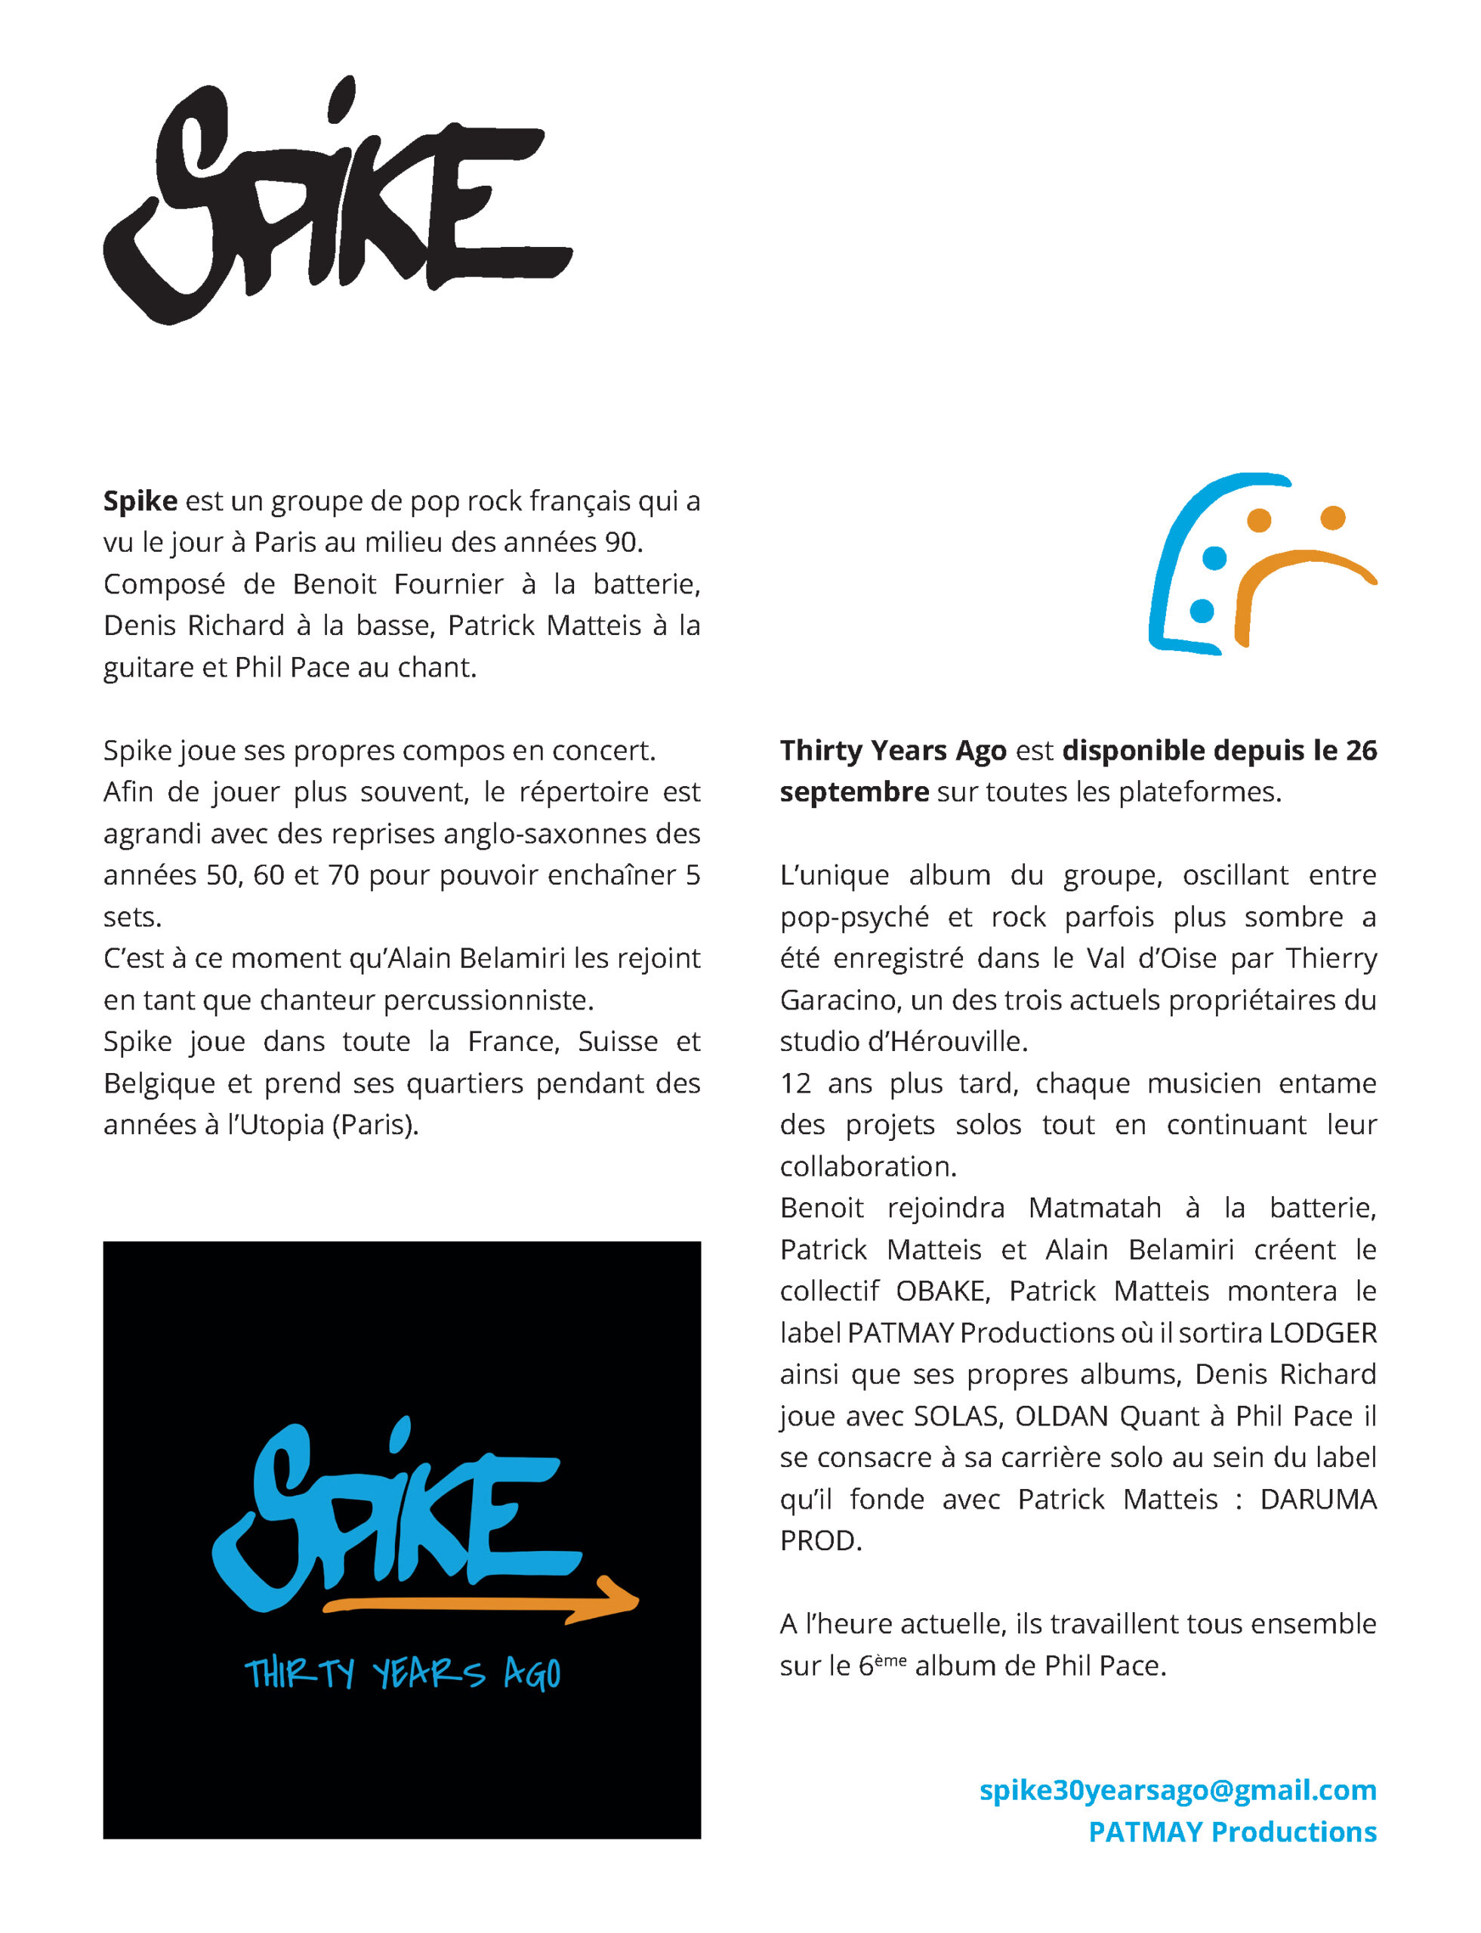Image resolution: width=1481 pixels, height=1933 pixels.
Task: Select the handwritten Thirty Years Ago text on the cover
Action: pos(402,1673)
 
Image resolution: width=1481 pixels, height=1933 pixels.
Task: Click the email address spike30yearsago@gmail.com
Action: pos(1177,1790)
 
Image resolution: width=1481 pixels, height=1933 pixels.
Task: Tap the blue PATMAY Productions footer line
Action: pos(1233,1832)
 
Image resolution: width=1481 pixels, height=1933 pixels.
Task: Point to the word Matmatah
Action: pos(1094,1207)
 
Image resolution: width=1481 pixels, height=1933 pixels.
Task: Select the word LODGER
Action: pos(1322,1333)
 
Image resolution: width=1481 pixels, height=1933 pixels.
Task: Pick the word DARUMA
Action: pos(1318,1500)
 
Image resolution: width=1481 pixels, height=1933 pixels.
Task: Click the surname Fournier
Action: pos(449,584)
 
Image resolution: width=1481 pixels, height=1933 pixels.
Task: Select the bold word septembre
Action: pos(853,791)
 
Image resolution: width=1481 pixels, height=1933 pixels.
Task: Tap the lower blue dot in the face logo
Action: pos(1202,611)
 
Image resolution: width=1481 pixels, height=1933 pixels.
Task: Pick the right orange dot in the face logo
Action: pos(1332,517)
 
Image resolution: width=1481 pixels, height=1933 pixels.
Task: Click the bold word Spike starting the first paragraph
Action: pos(140,501)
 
